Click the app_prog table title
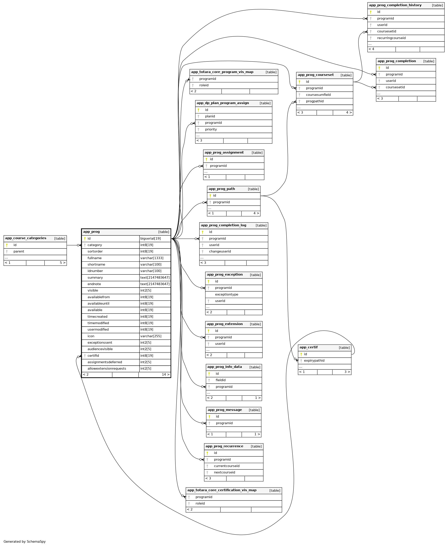(x=91, y=232)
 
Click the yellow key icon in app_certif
(x=301, y=354)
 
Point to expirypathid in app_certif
(x=314, y=361)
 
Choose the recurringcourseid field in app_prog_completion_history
(x=391, y=38)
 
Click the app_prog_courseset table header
(x=316, y=75)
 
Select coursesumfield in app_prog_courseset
(x=318, y=95)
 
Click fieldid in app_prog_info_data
(x=221, y=380)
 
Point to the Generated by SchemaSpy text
(x=25, y=542)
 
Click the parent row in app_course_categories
(x=19, y=251)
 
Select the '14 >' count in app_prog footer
(x=166, y=375)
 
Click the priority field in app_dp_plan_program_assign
(x=211, y=129)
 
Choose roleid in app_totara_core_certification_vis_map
(x=200, y=503)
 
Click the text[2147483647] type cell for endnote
(x=155, y=284)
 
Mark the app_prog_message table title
(x=225, y=410)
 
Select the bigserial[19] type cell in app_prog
(x=150, y=239)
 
